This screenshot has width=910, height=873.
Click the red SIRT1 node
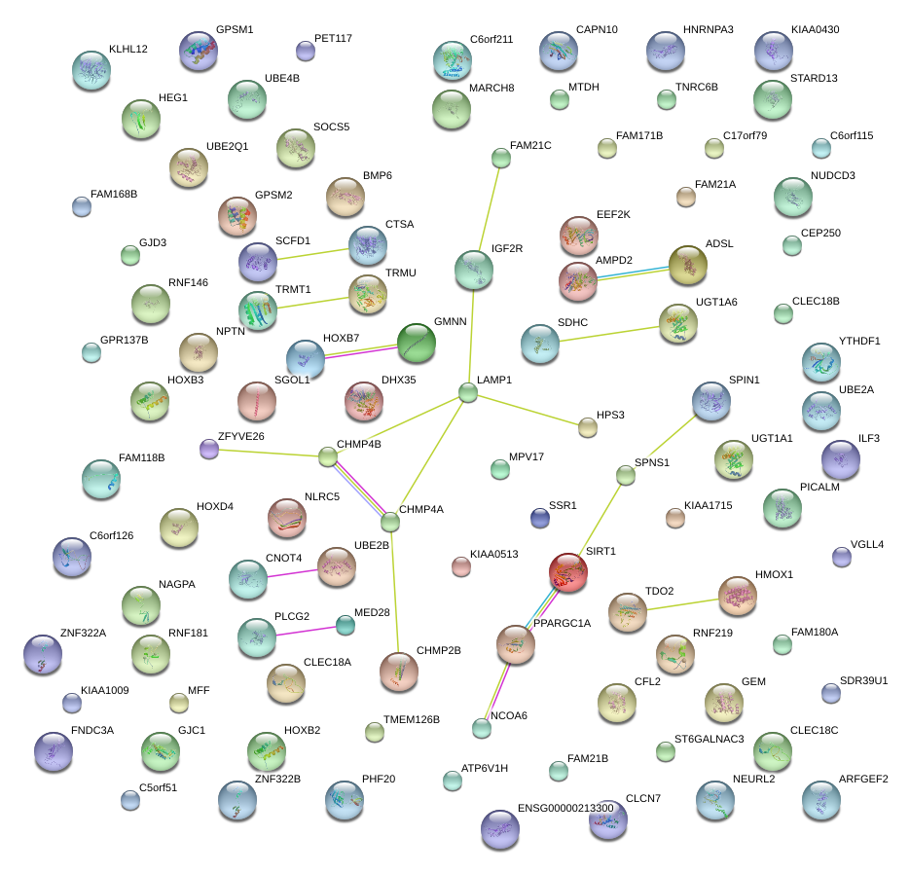pyautogui.click(x=568, y=572)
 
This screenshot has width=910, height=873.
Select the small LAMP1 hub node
pyautogui.click(x=468, y=393)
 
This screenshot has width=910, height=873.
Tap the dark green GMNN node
pyautogui.click(x=417, y=343)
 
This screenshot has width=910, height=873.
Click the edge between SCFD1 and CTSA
pyautogui.click(x=312, y=255)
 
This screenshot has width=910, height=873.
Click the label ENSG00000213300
pyautogui.click(x=565, y=808)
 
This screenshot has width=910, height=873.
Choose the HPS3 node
pyautogui.click(x=587, y=426)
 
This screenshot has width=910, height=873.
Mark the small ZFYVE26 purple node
pyautogui.click(x=209, y=449)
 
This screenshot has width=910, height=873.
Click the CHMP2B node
pyautogui.click(x=399, y=670)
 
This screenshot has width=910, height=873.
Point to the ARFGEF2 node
pyautogui.click(x=820, y=799)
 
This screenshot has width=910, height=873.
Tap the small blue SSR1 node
pyautogui.click(x=540, y=518)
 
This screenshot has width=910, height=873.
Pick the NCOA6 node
pyautogui.click(x=481, y=727)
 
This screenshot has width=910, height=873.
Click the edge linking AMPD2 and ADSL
pyautogui.click(x=632, y=273)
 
